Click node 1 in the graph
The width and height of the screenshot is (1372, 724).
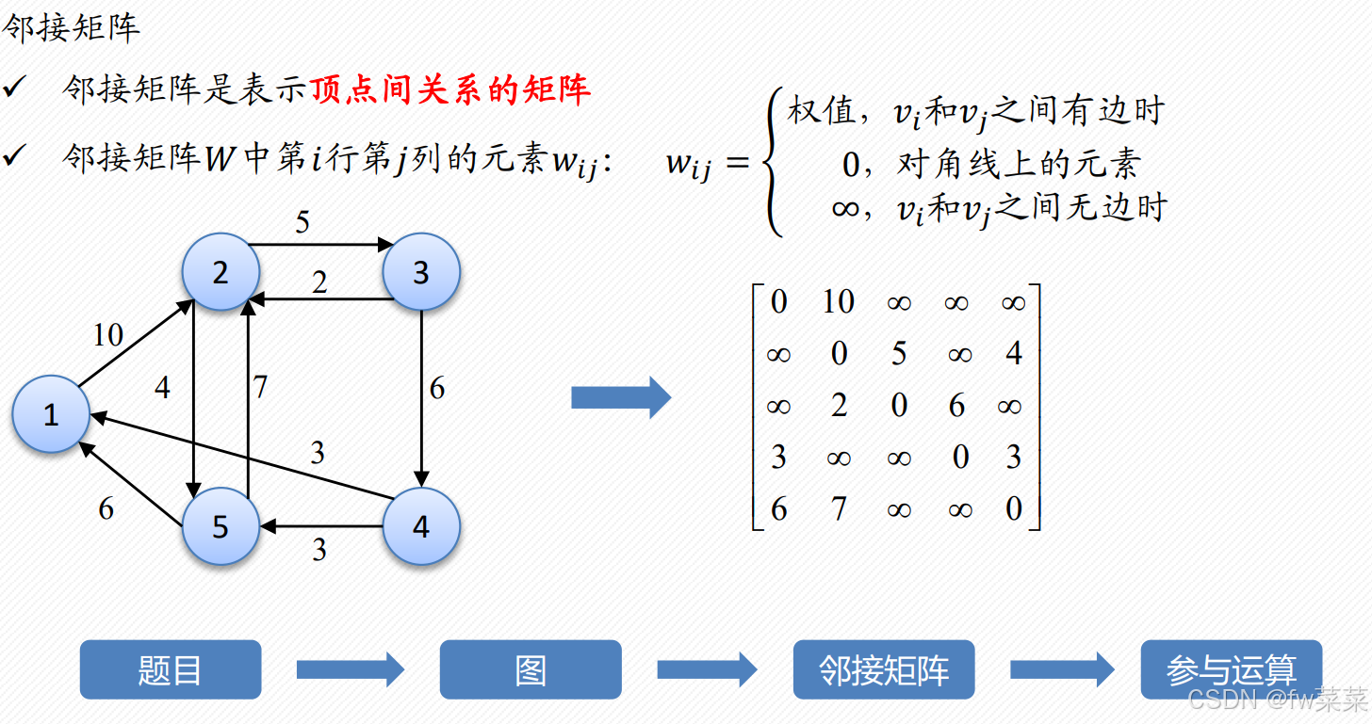tap(51, 414)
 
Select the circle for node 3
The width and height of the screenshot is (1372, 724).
tap(420, 272)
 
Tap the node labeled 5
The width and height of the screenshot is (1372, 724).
tap(220, 526)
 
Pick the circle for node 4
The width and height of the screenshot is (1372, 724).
tap(420, 526)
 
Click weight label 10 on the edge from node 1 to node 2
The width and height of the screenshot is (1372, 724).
tap(107, 334)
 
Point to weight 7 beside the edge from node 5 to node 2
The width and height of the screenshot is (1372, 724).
tap(260, 387)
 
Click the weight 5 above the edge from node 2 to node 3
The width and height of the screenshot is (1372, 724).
tap(302, 222)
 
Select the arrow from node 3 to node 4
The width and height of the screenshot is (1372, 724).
tap(421, 395)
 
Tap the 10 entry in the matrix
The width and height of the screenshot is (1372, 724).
tap(837, 301)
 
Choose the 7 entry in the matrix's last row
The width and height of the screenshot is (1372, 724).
tap(838, 509)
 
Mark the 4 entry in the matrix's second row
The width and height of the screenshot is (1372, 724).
tap(1014, 354)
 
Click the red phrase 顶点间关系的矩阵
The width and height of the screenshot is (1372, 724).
tap(450, 89)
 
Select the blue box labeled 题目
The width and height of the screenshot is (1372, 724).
tap(171, 669)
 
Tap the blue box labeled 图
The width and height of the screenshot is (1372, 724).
tap(531, 669)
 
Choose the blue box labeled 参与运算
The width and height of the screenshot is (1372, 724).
tap(1231, 669)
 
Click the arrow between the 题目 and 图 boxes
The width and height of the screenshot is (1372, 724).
tap(350, 670)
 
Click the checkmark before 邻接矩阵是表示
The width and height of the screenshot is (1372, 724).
tap(15, 88)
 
